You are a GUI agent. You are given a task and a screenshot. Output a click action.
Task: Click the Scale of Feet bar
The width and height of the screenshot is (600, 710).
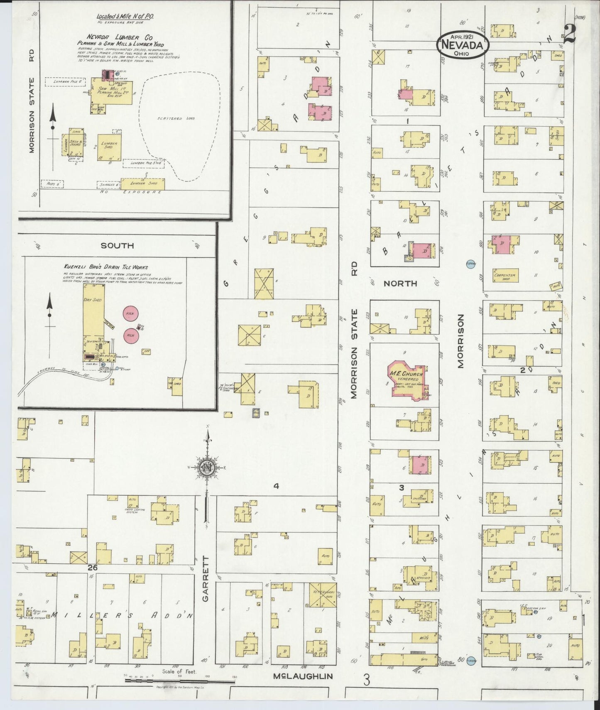click(x=179, y=680)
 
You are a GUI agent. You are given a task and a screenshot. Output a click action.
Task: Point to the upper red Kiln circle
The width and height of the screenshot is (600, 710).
click(x=130, y=314)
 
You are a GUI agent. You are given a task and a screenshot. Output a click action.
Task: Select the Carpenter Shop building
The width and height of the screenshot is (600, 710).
click(x=504, y=275)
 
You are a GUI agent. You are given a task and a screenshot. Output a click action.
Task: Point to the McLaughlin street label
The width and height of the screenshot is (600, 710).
click(x=303, y=676)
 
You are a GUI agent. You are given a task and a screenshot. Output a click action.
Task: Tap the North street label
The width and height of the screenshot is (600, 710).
click(x=400, y=283)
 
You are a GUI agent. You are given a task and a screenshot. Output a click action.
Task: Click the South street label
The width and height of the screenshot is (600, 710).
click(x=118, y=245)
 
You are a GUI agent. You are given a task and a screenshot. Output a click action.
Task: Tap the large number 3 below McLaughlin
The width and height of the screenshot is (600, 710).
click(x=366, y=680)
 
